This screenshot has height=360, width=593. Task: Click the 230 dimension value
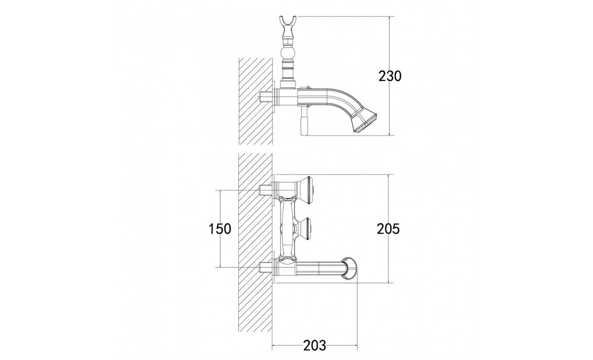pos(390,76)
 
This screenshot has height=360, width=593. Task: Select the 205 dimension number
pos(388,229)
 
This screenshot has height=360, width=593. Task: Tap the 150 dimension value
pos(220,229)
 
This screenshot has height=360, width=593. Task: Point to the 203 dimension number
pos(315,345)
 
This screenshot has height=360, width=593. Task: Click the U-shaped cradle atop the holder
pos(288,24)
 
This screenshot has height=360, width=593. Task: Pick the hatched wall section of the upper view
pos(256,101)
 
